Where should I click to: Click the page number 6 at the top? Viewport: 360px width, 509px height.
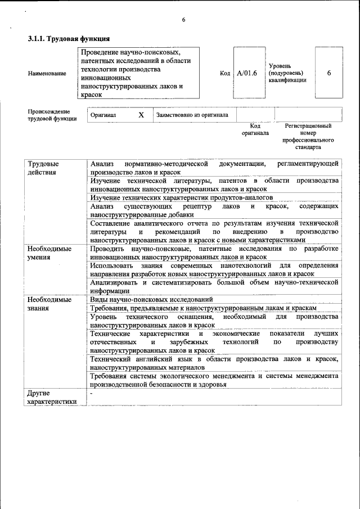(x=183, y=20)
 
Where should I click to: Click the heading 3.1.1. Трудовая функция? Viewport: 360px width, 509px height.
(x=69, y=39)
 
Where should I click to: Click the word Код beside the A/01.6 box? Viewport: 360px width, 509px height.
(x=225, y=73)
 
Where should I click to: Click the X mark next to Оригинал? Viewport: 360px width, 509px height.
(x=141, y=115)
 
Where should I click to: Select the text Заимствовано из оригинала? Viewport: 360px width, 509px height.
(x=192, y=115)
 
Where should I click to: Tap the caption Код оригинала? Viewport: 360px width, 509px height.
(x=255, y=129)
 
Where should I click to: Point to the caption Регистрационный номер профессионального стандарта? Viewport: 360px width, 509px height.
(x=308, y=137)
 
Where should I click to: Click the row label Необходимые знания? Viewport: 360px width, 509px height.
(x=49, y=303)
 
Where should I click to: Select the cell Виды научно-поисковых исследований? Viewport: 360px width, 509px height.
(x=151, y=299)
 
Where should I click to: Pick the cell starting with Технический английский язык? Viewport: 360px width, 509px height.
(x=214, y=363)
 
